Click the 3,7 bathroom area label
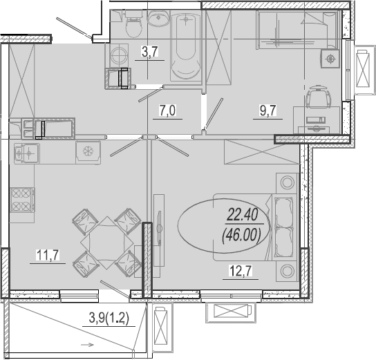(x=149, y=52)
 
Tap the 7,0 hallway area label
(x=167, y=111)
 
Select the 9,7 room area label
(x=268, y=111)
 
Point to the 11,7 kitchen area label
(x=48, y=255)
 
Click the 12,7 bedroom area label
(x=241, y=272)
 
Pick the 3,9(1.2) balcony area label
(x=109, y=319)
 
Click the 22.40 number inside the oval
(x=242, y=215)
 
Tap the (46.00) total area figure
(x=242, y=235)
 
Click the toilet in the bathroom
(x=134, y=24)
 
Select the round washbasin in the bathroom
(x=158, y=18)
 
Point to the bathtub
(x=186, y=46)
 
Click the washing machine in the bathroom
(x=119, y=55)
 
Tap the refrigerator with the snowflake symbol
(x=88, y=153)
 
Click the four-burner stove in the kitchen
(x=23, y=200)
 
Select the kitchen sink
(x=27, y=153)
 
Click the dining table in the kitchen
(x=107, y=243)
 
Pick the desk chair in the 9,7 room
(x=319, y=96)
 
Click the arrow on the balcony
(x=87, y=345)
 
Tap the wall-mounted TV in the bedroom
(x=159, y=227)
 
